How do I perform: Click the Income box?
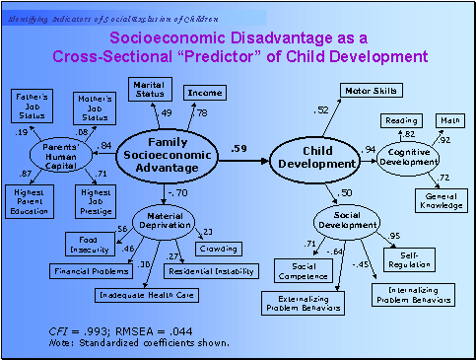tap(204, 93)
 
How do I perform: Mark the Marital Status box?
tap(150, 89)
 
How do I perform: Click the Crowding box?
tap(218, 249)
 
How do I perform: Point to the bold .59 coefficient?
tap(239, 148)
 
